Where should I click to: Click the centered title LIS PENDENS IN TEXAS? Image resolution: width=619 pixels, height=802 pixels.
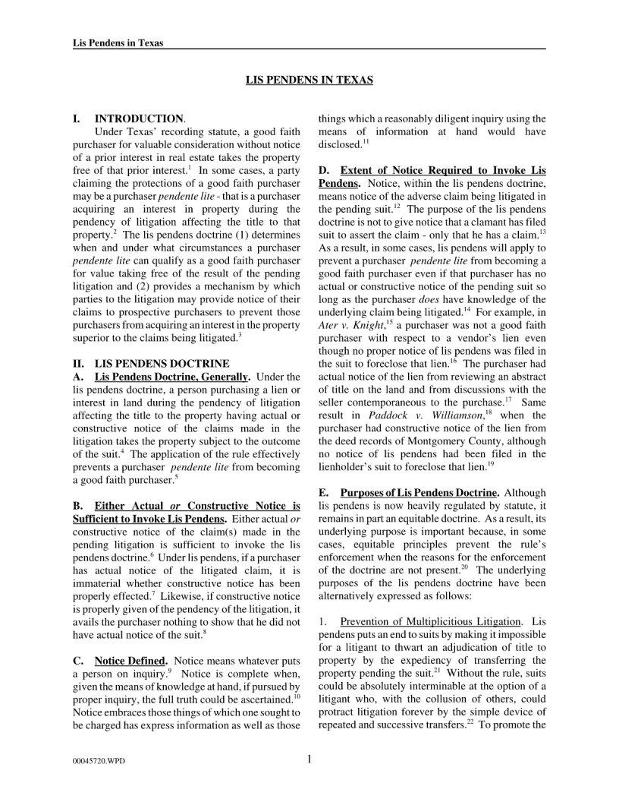coord(309,79)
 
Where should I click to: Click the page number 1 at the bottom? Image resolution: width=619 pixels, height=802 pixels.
coord(310,758)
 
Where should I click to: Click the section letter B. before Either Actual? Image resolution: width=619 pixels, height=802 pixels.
coord(77,506)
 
